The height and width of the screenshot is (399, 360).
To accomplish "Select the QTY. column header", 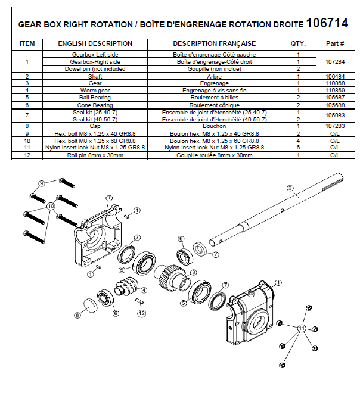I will click(x=297, y=43).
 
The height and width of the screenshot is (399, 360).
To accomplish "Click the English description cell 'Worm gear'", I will click(x=95, y=90).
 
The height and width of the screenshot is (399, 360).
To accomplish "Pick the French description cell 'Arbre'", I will click(x=214, y=76).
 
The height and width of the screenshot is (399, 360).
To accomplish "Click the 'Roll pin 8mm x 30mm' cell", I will click(x=95, y=155).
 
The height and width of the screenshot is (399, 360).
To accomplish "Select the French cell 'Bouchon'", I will click(x=214, y=126).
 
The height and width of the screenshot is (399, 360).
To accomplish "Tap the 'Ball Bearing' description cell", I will click(x=95, y=97).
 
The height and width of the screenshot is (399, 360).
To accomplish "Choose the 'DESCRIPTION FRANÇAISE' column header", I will click(x=214, y=43).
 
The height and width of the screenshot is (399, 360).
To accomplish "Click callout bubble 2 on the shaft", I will click(x=291, y=189).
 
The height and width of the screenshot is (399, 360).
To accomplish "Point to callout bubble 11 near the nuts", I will click(x=301, y=328).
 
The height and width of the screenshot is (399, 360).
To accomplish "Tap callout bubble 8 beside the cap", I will click(x=77, y=314).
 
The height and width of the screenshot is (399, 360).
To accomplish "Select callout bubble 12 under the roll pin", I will click(x=142, y=313).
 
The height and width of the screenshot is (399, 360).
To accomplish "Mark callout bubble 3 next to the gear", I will click(x=193, y=272).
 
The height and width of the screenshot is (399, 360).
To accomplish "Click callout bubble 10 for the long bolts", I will click(x=51, y=205).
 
